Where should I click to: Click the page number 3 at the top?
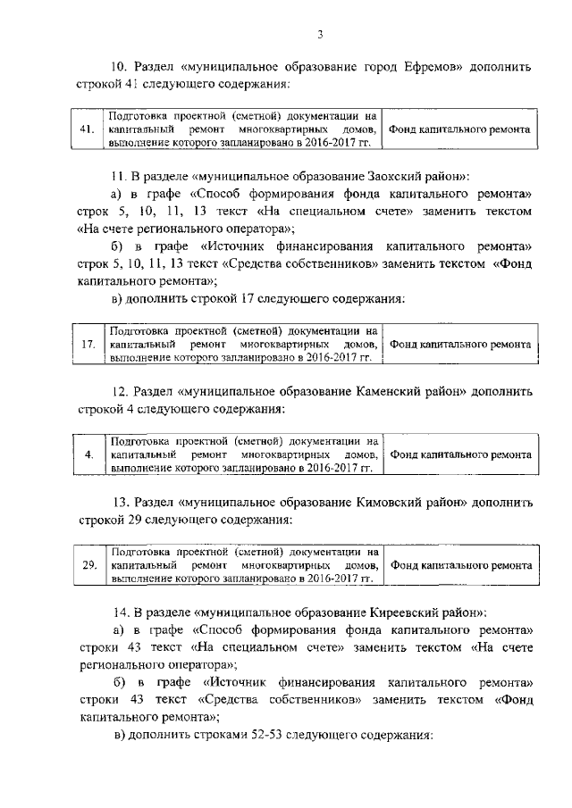pyautogui.click(x=319, y=35)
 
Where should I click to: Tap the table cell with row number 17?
pyautogui.click(x=88, y=344)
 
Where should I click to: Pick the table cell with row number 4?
pyautogui.click(x=88, y=454)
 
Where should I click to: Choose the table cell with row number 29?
pyautogui.click(x=88, y=565)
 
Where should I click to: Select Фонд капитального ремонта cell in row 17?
pyautogui.click(x=461, y=344)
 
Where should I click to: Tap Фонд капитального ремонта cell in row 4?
pyautogui.click(x=461, y=454)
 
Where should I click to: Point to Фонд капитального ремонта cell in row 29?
pyautogui.click(x=461, y=565)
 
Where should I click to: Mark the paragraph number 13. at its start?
pyautogui.click(x=121, y=502)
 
